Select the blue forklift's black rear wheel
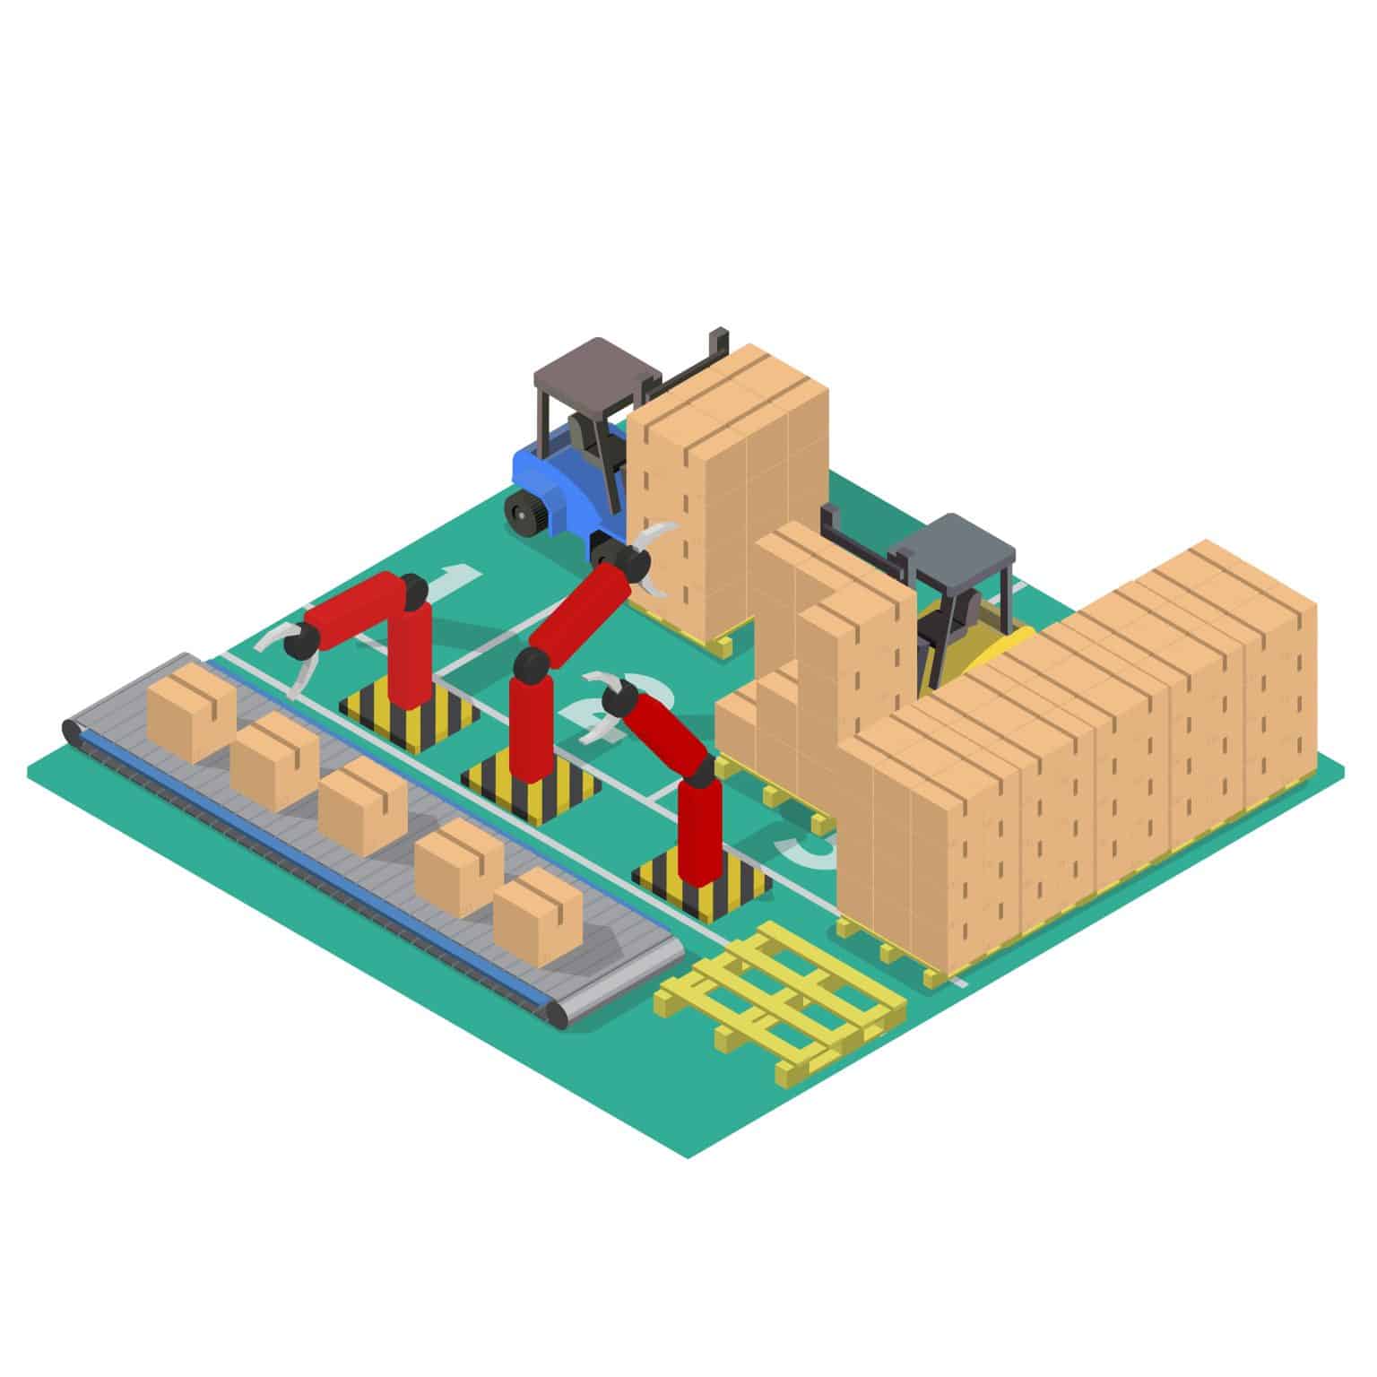pyautogui.click(x=525, y=515)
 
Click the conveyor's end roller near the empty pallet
pyautogui.click(x=560, y=1016)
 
